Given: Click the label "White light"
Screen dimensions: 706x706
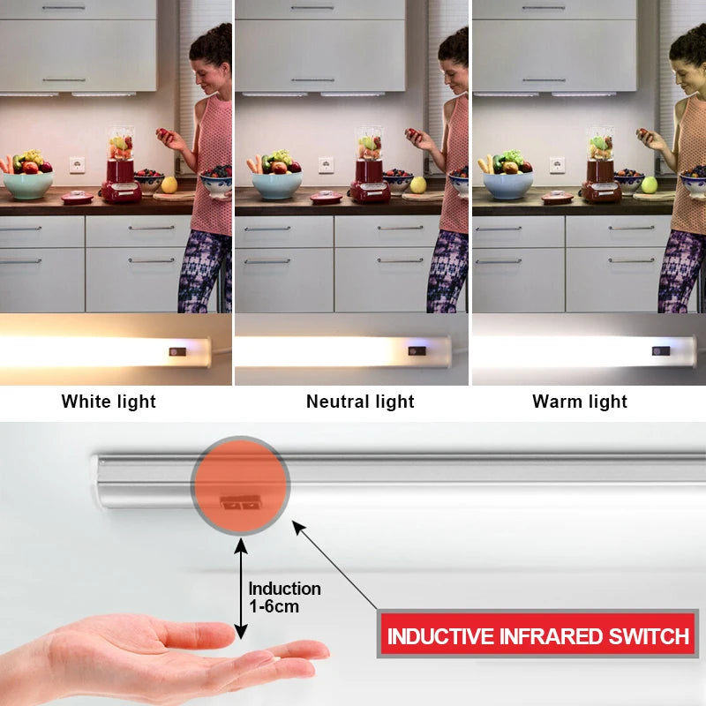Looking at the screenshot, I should point(109,402).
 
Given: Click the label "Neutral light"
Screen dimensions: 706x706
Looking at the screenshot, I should point(360,402).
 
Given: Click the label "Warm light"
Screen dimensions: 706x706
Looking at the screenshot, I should point(580,402).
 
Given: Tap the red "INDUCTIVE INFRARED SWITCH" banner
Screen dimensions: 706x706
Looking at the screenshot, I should point(537,635).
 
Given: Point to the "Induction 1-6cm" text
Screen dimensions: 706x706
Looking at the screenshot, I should point(284,597).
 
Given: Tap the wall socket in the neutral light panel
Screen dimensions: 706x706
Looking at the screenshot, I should point(326,165).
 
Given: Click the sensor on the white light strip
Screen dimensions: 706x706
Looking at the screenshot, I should point(177,351).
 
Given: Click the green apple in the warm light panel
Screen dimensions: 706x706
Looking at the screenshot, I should point(650,184).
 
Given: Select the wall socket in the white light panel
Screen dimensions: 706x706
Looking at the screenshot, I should point(77,165).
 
